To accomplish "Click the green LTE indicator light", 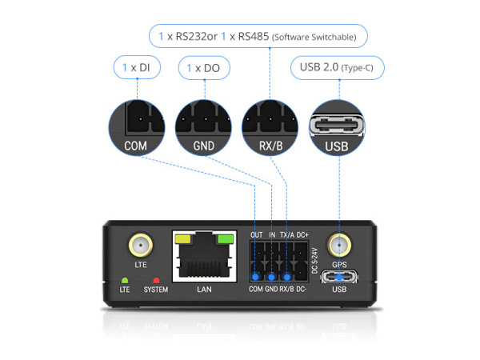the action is tap(125, 281).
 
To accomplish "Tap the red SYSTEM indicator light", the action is tap(156, 281).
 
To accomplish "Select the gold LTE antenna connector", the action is tap(141, 246).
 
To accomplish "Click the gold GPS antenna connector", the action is tap(339, 246).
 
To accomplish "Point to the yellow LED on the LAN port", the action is tap(182, 238).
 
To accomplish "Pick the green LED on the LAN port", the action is tap(226, 238).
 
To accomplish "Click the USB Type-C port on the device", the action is tap(339, 277).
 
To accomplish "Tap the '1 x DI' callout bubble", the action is tap(137, 67).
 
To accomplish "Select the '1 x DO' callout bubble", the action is tap(204, 68).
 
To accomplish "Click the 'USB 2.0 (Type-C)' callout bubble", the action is tap(337, 68).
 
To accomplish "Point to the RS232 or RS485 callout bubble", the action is tap(258, 36).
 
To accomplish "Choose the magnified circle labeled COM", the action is tap(137, 128).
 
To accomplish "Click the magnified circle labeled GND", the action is tap(203, 128).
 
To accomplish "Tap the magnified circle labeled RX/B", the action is tap(270, 128).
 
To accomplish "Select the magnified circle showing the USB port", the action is tap(337, 128).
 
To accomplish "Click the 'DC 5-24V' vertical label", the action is tap(314, 261).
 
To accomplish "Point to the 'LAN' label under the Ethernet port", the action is tap(204, 290).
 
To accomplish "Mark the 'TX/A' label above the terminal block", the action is tap(287, 234).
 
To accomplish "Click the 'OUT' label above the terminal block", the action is tap(257, 234).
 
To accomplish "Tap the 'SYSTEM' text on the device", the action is tap(156, 290).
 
